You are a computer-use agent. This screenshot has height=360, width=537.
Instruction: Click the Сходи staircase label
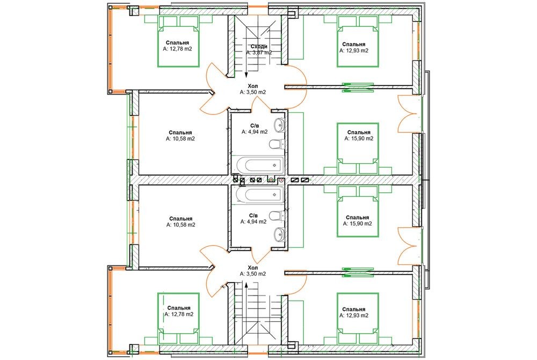[259, 47]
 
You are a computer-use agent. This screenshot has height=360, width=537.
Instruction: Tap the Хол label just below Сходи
[253, 86]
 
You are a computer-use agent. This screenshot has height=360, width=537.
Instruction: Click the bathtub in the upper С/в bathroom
[260, 165]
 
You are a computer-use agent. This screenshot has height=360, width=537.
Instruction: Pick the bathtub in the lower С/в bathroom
[260, 195]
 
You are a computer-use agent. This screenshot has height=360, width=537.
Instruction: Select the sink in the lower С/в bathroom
[279, 235]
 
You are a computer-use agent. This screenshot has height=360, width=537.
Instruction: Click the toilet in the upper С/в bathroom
[277, 144]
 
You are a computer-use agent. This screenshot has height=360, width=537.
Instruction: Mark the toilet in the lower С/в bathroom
[277, 216]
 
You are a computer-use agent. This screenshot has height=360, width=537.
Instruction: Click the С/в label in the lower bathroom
[253, 215]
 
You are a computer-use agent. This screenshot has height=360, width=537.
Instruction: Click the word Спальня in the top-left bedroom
[177, 43]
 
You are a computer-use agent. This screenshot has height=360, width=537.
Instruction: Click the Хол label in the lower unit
[253, 268]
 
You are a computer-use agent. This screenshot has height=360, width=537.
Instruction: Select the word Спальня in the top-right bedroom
[354, 44]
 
